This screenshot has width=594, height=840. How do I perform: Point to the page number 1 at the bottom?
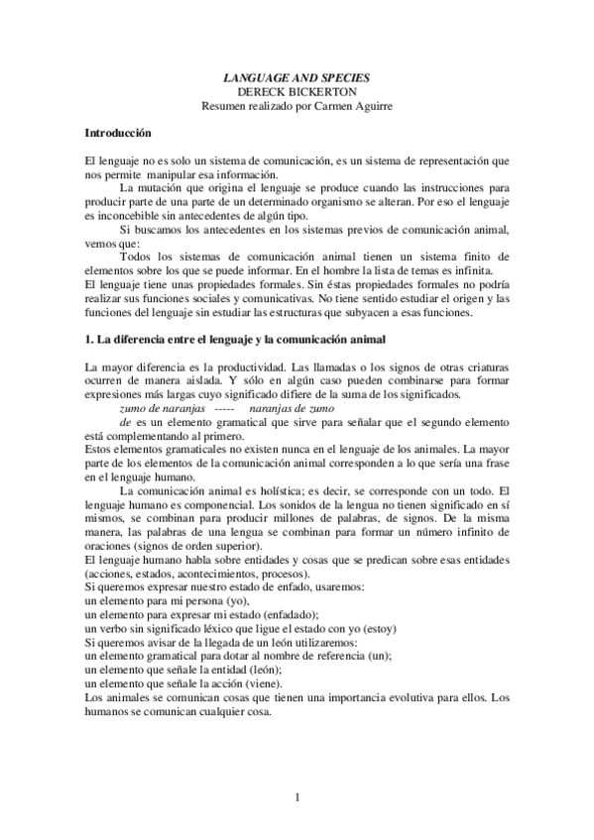(x=297, y=798)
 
